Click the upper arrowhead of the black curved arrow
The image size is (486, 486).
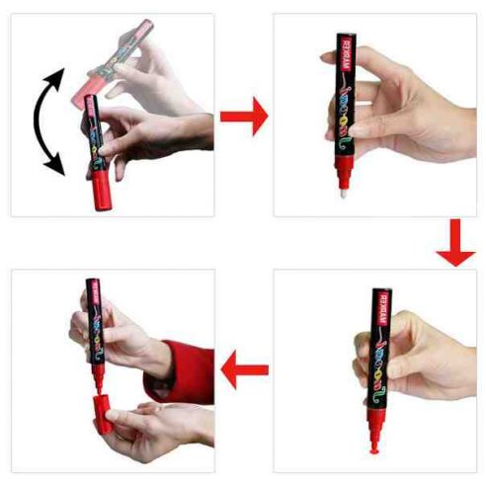click(60, 77)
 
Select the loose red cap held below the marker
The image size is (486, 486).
click(103, 415)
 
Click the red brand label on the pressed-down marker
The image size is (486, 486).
click(378, 308)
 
